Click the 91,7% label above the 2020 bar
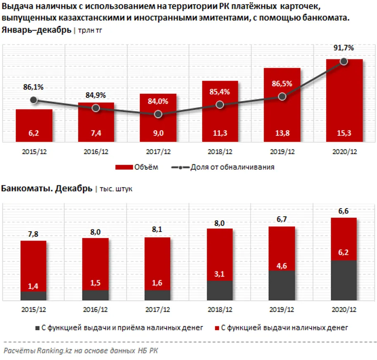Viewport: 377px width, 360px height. coord(344,48)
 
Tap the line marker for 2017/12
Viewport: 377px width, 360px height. coord(158,114)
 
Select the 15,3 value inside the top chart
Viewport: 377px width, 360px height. coord(344,133)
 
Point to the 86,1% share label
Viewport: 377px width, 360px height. coord(33,87)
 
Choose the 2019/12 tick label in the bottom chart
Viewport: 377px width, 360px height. coord(282,309)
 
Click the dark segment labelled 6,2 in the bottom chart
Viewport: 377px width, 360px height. coord(344,281)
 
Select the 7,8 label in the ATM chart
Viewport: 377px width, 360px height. coord(33,234)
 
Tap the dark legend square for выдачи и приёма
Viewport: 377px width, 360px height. coord(36,328)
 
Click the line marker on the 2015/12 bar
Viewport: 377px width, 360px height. coord(34,100)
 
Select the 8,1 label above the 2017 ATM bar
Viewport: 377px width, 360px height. coord(158,231)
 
